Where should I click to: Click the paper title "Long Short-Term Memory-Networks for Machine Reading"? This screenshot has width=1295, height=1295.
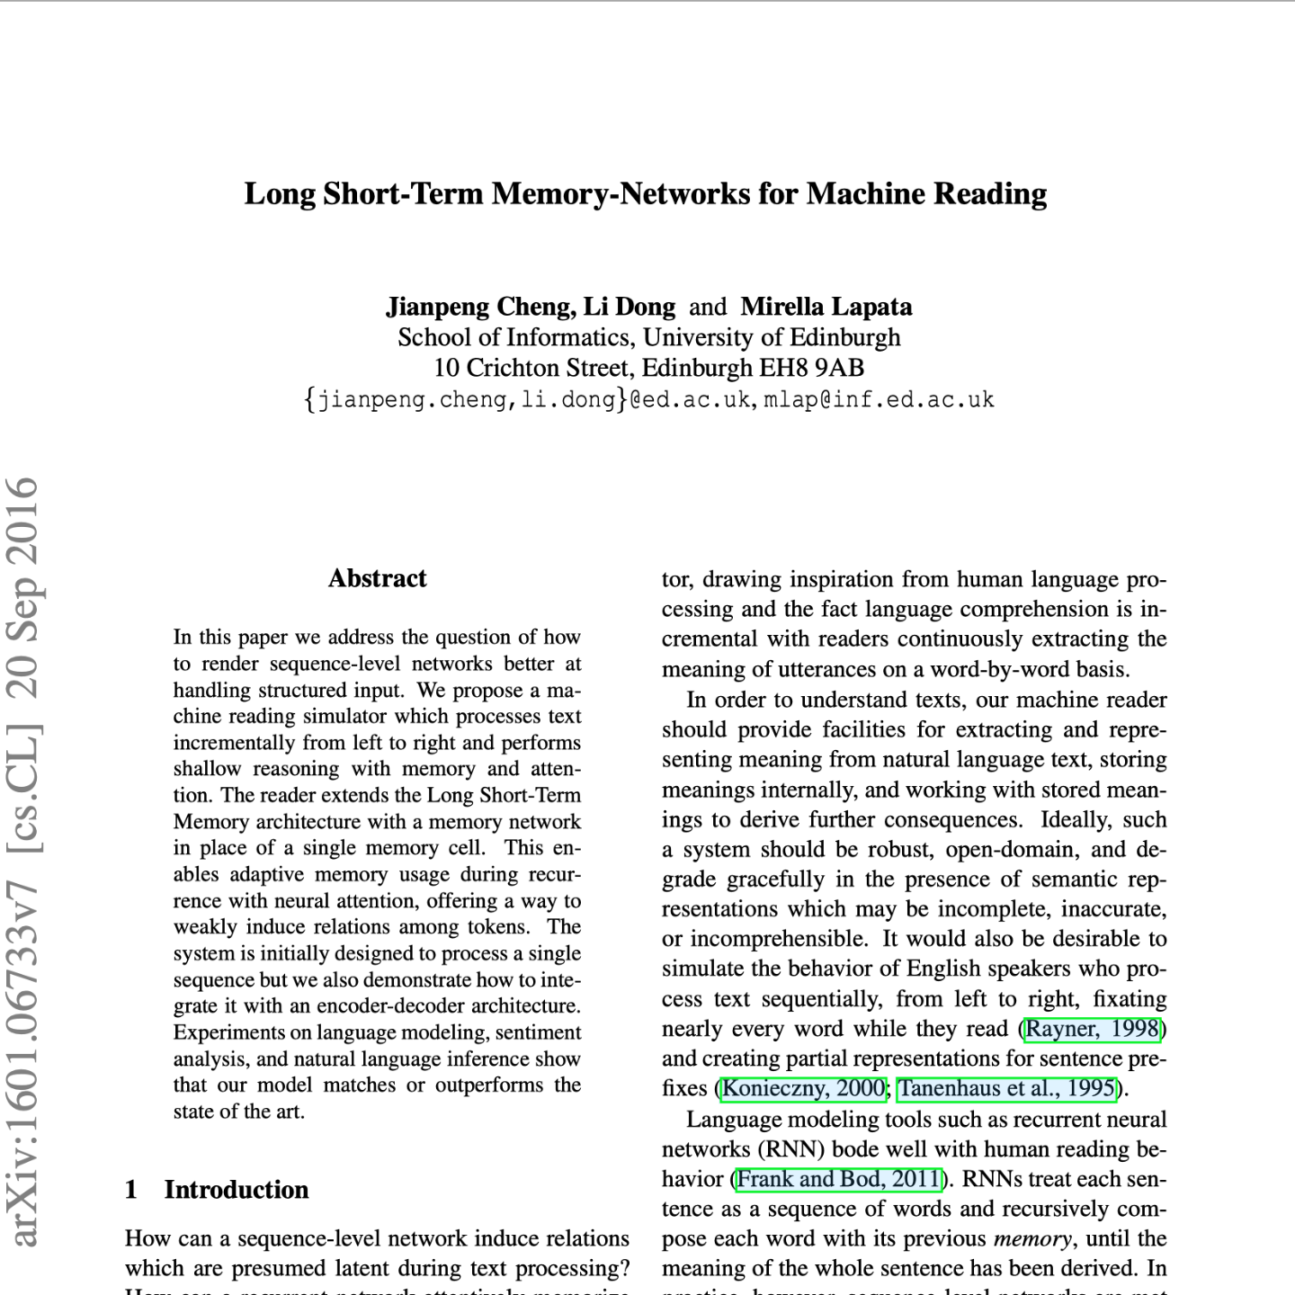[x=646, y=194]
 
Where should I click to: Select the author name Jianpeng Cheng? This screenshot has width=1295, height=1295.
[x=479, y=307]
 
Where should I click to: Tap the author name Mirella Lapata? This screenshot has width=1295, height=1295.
[x=826, y=307]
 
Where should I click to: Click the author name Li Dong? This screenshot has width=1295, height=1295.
[x=629, y=307]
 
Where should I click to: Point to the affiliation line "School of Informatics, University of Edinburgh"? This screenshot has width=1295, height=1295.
[x=648, y=337]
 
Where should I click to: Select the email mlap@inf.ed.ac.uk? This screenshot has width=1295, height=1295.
[x=879, y=399]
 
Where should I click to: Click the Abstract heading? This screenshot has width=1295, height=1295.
[x=377, y=578]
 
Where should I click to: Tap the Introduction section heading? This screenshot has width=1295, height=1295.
[x=236, y=1190]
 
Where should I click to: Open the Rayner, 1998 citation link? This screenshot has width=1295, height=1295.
[x=1092, y=1029]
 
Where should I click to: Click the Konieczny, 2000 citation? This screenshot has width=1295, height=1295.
[x=803, y=1088]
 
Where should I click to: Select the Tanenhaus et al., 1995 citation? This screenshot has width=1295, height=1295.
[x=1007, y=1088]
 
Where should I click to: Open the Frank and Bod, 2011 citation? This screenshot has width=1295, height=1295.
[x=838, y=1179]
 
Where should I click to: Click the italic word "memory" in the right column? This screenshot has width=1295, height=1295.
[x=1032, y=1239]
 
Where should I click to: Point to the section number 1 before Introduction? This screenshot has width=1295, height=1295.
[x=131, y=1190]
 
